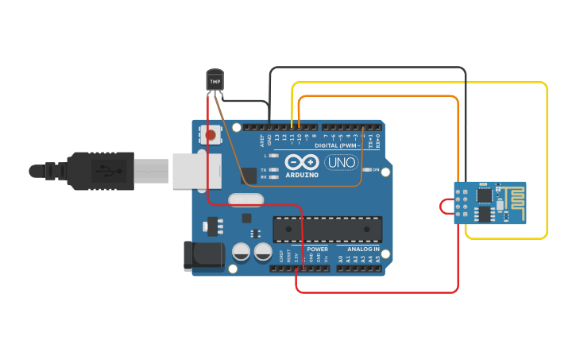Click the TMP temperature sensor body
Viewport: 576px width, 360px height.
click(215, 79)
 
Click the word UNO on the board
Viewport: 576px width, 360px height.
click(341, 162)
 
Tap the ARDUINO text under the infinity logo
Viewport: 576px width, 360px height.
click(301, 175)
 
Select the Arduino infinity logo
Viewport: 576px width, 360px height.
click(301, 161)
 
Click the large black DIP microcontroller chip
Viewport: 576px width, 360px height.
click(327, 229)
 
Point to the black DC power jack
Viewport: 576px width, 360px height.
click(204, 254)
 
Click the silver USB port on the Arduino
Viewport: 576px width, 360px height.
click(191, 170)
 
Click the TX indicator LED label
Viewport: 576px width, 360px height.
click(263, 169)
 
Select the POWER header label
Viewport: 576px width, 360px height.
click(317, 249)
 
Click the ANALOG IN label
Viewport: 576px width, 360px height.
click(363, 249)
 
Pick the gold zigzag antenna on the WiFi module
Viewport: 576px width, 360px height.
click(513, 196)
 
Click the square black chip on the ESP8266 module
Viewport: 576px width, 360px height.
click(482, 195)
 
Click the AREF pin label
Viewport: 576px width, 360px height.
click(262, 141)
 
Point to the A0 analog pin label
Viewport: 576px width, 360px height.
click(340, 259)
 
